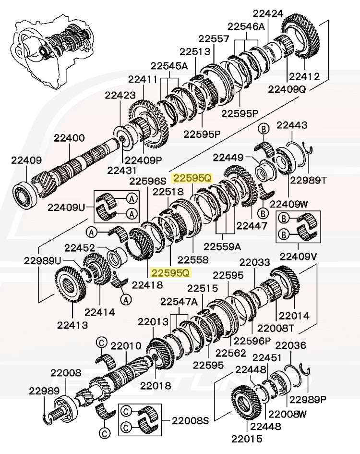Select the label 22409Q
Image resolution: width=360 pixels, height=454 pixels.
pos(287,89)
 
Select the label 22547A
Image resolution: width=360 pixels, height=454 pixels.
pos(179,302)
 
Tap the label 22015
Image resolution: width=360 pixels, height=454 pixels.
pos(247,438)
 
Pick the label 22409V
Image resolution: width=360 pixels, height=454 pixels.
pos(299,256)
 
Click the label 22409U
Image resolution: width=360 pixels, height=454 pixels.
pos(66,207)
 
